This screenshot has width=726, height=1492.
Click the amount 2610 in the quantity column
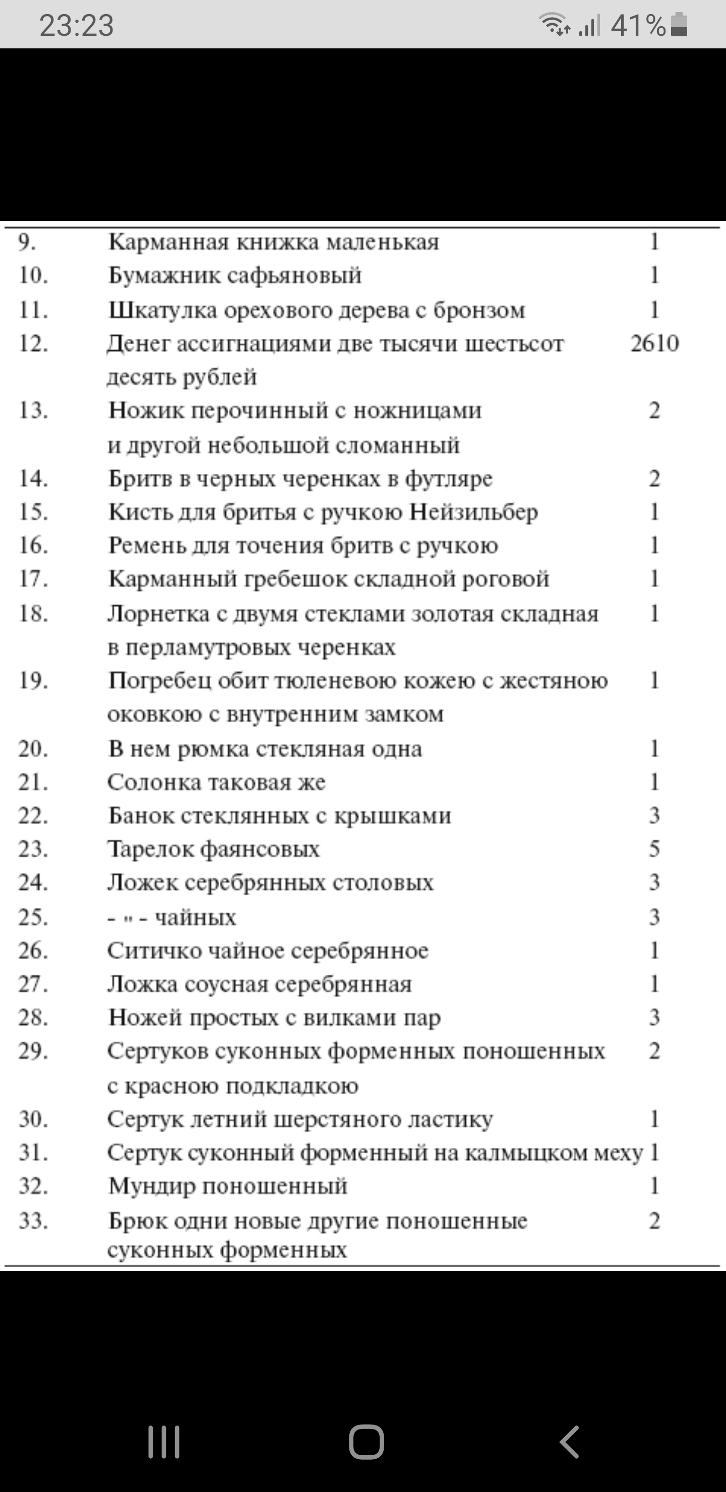(x=655, y=343)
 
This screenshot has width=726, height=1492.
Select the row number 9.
(x=27, y=242)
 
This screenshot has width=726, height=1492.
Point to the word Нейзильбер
(x=473, y=512)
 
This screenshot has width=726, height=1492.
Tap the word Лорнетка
(x=159, y=613)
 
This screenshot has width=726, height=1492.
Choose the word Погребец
(x=160, y=681)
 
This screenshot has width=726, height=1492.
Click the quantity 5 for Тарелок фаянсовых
(x=654, y=848)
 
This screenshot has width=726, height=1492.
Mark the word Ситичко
(x=148, y=951)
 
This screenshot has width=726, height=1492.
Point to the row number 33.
(x=33, y=1220)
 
